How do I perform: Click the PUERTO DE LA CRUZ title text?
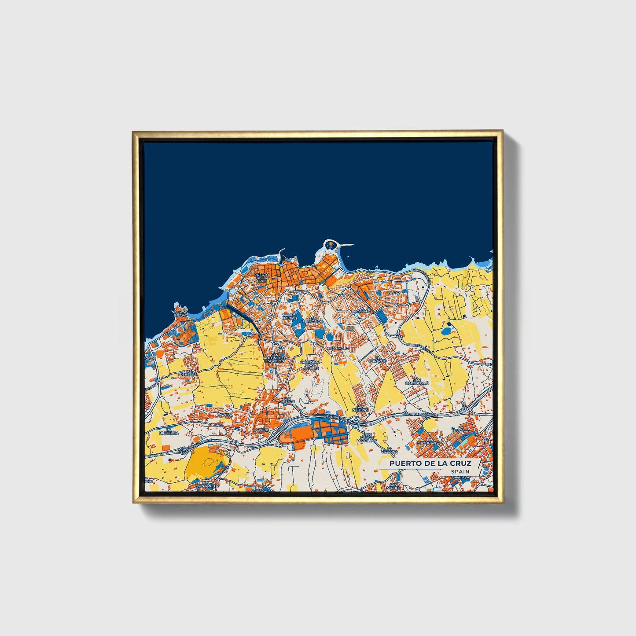click(x=430, y=463)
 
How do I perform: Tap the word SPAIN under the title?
click(x=460, y=472)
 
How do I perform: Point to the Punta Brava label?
click(x=180, y=313)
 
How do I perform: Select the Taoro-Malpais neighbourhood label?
click(x=290, y=317)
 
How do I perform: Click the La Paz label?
click(x=394, y=293)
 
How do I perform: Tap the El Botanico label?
click(x=364, y=310)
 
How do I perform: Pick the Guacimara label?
click(x=338, y=348)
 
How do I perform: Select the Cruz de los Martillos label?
click(x=367, y=437)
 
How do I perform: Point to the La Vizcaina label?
click(x=389, y=450)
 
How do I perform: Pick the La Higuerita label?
click(x=169, y=431)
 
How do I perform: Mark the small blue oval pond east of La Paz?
click(x=447, y=329)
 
